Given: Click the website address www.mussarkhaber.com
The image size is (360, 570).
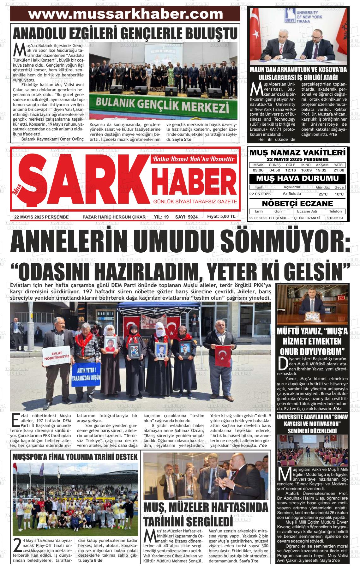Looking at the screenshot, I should (x=125, y=14).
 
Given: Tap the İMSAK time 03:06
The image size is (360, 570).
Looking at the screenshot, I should (x=258, y=170).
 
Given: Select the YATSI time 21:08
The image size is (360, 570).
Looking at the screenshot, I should (x=339, y=170).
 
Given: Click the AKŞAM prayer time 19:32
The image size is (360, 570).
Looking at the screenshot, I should (x=321, y=170).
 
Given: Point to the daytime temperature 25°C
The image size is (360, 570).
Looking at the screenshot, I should (x=323, y=194).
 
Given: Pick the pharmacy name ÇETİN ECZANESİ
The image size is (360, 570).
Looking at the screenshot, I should (x=307, y=218).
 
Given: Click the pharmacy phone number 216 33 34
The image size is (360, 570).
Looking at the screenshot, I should (x=335, y=218).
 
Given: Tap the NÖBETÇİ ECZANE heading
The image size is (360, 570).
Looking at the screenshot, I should (x=297, y=203).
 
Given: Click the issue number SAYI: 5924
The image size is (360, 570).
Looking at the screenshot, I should (x=186, y=217).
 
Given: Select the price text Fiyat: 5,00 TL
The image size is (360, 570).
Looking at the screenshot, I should (x=221, y=217).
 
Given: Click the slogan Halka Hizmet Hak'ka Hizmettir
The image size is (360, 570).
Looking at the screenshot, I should (x=194, y=159).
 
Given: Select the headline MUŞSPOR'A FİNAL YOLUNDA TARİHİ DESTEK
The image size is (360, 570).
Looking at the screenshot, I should (x=75, y=457).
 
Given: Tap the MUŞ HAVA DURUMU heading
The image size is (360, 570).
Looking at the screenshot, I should (x=297, y=178).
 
